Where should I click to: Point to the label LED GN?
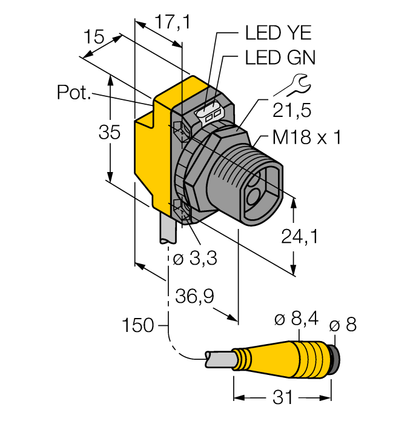pos(280,58)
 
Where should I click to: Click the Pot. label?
pos(74,93)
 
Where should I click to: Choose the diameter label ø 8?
pos(343,325)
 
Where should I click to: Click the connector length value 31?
pos(283,397)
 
